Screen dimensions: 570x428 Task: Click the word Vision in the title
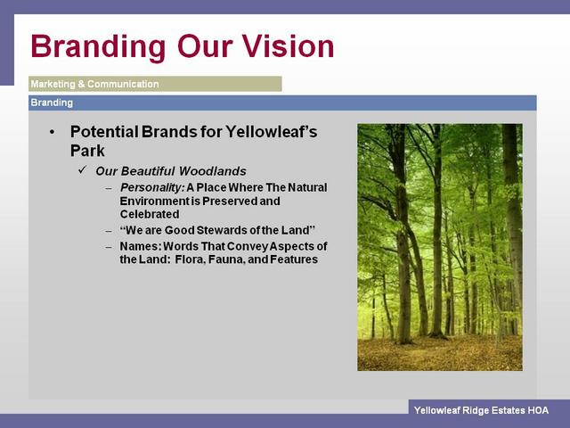288,46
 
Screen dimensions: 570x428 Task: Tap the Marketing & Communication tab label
94,84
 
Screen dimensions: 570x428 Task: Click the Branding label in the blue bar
52,103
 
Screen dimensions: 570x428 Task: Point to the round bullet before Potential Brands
53,133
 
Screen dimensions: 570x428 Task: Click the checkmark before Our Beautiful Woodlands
83,169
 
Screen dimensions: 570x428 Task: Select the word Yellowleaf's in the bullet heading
271,132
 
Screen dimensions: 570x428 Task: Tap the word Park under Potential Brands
87,151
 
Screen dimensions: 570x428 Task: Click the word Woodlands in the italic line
213,171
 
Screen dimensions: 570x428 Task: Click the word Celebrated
150,214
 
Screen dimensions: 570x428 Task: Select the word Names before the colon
141,246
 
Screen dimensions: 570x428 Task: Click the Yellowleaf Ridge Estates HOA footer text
481,410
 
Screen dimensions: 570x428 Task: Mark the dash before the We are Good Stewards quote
109,231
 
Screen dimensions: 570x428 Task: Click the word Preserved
230,202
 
